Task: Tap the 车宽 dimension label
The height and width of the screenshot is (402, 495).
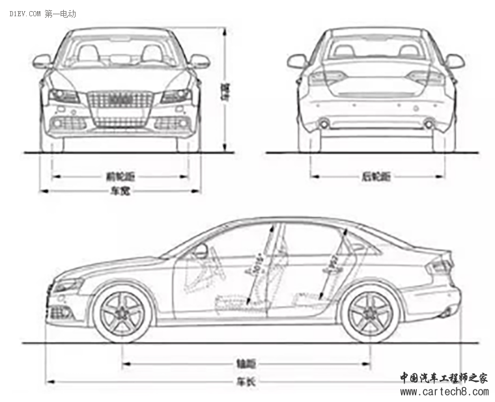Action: (x=119, y=191)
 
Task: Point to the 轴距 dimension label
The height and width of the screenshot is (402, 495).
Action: (x=246, y=363)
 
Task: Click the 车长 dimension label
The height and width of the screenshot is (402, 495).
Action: (x=246, y=382)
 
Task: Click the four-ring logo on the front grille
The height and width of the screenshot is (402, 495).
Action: (x=120, y=99)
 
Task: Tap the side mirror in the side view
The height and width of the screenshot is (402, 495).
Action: (x=201, y=251)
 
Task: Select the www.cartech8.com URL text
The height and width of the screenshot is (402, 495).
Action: (x=443, y=392)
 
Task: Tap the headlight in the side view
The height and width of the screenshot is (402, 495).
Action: (x=69, y=286)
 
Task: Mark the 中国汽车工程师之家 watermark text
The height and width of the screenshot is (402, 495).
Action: (x=443, y=378)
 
